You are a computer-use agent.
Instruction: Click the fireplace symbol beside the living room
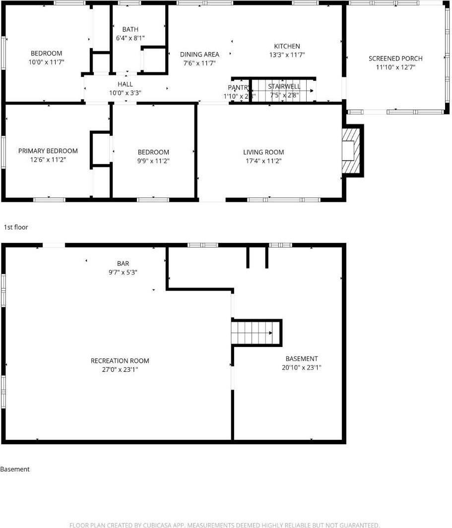[x=352, y=151]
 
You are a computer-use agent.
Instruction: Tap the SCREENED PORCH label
[x=395, y=59]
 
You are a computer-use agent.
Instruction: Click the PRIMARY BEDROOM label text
[x=48, y=151]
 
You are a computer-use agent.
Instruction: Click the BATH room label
[x=130, y=29]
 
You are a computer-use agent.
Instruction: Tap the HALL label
[x=125, y=84]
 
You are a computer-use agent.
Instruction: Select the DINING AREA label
[x=199, y=55]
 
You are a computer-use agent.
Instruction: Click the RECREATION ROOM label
[x=120, y=361]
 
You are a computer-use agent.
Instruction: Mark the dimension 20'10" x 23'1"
[x=301, y=368]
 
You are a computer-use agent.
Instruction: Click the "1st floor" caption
[x=16, y=227]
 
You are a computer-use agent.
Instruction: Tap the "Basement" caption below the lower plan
[x=15, y=469]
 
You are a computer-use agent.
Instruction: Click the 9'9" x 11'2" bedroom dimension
[x=153, y=161]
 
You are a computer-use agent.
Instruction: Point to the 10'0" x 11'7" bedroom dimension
[x=47, y=62]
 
